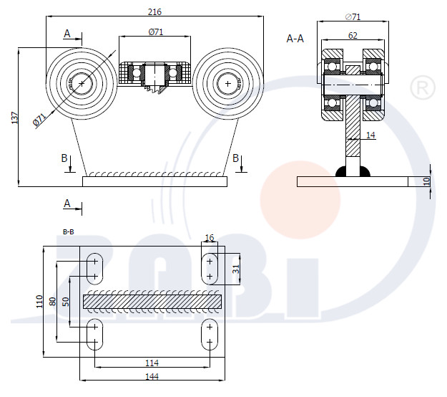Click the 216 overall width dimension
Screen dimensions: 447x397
pyautogui.click(x=154, y=12)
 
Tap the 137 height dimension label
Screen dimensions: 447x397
pyautogui.click(x=14, y=118)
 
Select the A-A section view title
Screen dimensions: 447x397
pyautogui.click(x=295, y=38)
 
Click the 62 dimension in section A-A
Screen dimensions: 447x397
pyautogui.click(x=353, y=35)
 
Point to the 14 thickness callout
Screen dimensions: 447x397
pyautogui.click(x=370, y=135)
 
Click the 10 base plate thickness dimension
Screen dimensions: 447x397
pyautogui.click(x=426, y=181)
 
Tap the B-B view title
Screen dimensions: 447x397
pyautogui.click(x=69, y=232)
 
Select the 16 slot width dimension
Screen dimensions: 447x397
pyautogui.click(x=210, y=238)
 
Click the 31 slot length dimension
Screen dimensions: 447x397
pyautogui.click(x=236, y=269)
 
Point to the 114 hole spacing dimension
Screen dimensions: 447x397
pyautogui.click(x=152, y=363)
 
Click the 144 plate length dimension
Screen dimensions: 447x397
pyautogui.click(x=152, y=376)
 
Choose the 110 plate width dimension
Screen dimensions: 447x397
pyautogui.click(x=39, y=302)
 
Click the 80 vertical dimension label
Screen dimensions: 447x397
pyautogui.click(x=53, y=301)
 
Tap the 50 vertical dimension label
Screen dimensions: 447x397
pyautogui.click(x=66, y=302)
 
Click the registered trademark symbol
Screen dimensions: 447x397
pyautogui.click(x=423, y=87)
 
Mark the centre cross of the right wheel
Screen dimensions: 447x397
pyautogui.click(x=227, y=83)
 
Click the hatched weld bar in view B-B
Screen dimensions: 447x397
pyautogui.click(x=152, y=302)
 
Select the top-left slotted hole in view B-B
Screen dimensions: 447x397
pyautogui.click(x=94, y=269)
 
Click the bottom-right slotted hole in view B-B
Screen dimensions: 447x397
pyautogui.click(x=210, y=335)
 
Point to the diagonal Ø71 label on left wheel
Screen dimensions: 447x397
pyautogui.click(x=39, y=120)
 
